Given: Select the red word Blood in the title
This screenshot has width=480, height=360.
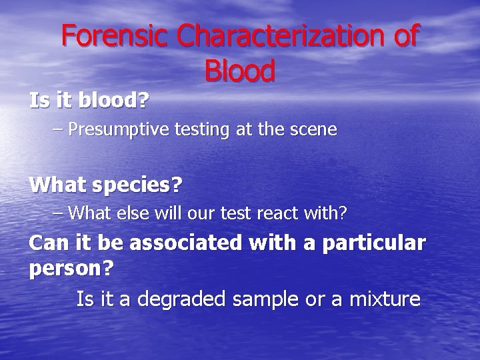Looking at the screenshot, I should (x=240, y=71).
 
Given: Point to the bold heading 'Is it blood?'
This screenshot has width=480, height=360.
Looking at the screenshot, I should (x=89, y=101).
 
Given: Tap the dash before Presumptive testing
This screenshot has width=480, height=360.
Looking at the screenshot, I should (x=58, y=129).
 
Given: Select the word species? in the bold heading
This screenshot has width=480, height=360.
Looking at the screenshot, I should (x=142, y=184).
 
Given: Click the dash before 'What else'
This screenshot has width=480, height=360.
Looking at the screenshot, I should (x=58, y=213).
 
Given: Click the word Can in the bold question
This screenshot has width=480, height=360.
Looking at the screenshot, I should (x=45, y=243).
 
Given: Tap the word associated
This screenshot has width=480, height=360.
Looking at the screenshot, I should (x=185, y=243).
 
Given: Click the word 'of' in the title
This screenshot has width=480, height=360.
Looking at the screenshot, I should (x=405, y=37).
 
